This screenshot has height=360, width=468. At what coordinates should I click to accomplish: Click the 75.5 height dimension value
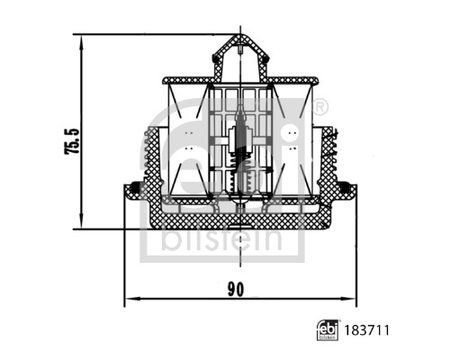(72, 141)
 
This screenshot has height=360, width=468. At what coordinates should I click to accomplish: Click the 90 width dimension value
(236, 290)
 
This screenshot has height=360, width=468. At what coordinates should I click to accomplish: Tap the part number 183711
(366, 330)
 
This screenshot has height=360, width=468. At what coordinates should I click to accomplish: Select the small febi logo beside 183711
(328, 330)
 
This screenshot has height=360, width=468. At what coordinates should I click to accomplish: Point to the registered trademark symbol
(320, 107)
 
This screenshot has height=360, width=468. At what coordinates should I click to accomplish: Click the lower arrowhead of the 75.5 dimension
(81, 221)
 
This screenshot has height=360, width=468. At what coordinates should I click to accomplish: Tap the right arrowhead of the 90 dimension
(348, 299)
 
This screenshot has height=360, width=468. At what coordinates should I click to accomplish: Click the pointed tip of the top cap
(240, 35)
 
